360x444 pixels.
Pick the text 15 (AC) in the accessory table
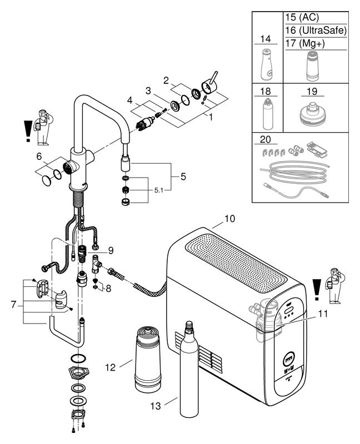click(302, 17)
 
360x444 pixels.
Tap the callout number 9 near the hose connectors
click(112, 250)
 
